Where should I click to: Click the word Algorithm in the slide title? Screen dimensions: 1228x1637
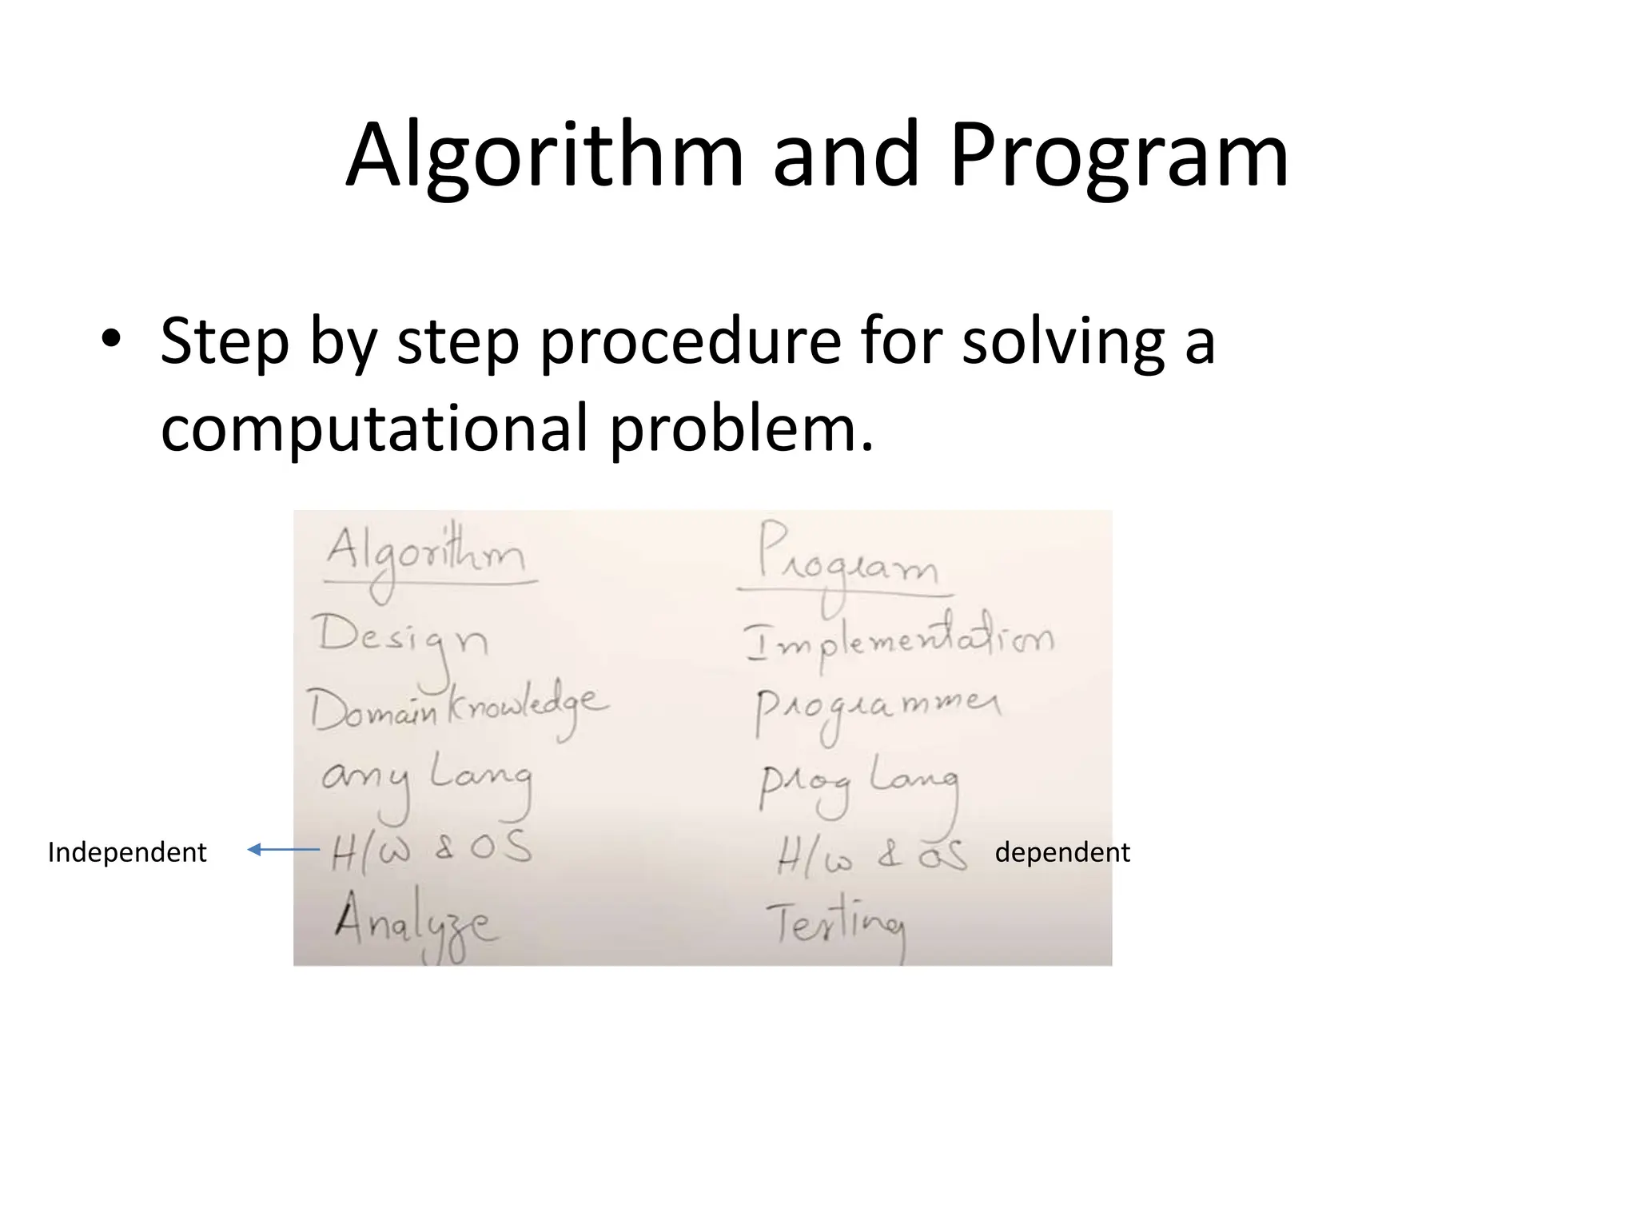point(544,156)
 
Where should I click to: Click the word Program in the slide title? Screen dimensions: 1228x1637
point(1119,156)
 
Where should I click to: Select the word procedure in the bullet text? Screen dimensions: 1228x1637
point(689,342)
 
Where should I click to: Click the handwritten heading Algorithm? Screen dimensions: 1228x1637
point(426,556)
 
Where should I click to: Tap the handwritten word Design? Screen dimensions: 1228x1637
point(402,640)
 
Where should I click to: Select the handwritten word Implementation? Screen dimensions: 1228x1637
point(899,640)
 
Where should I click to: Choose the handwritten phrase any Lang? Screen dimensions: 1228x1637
point(426,779)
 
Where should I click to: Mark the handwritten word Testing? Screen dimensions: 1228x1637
point(835,925)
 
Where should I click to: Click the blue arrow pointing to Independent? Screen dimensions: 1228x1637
point(284,850)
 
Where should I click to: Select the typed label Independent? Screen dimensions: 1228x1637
point(127,852)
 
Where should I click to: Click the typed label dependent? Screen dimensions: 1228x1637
point(1061,852)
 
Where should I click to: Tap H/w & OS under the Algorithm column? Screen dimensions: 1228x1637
point(432,850)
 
